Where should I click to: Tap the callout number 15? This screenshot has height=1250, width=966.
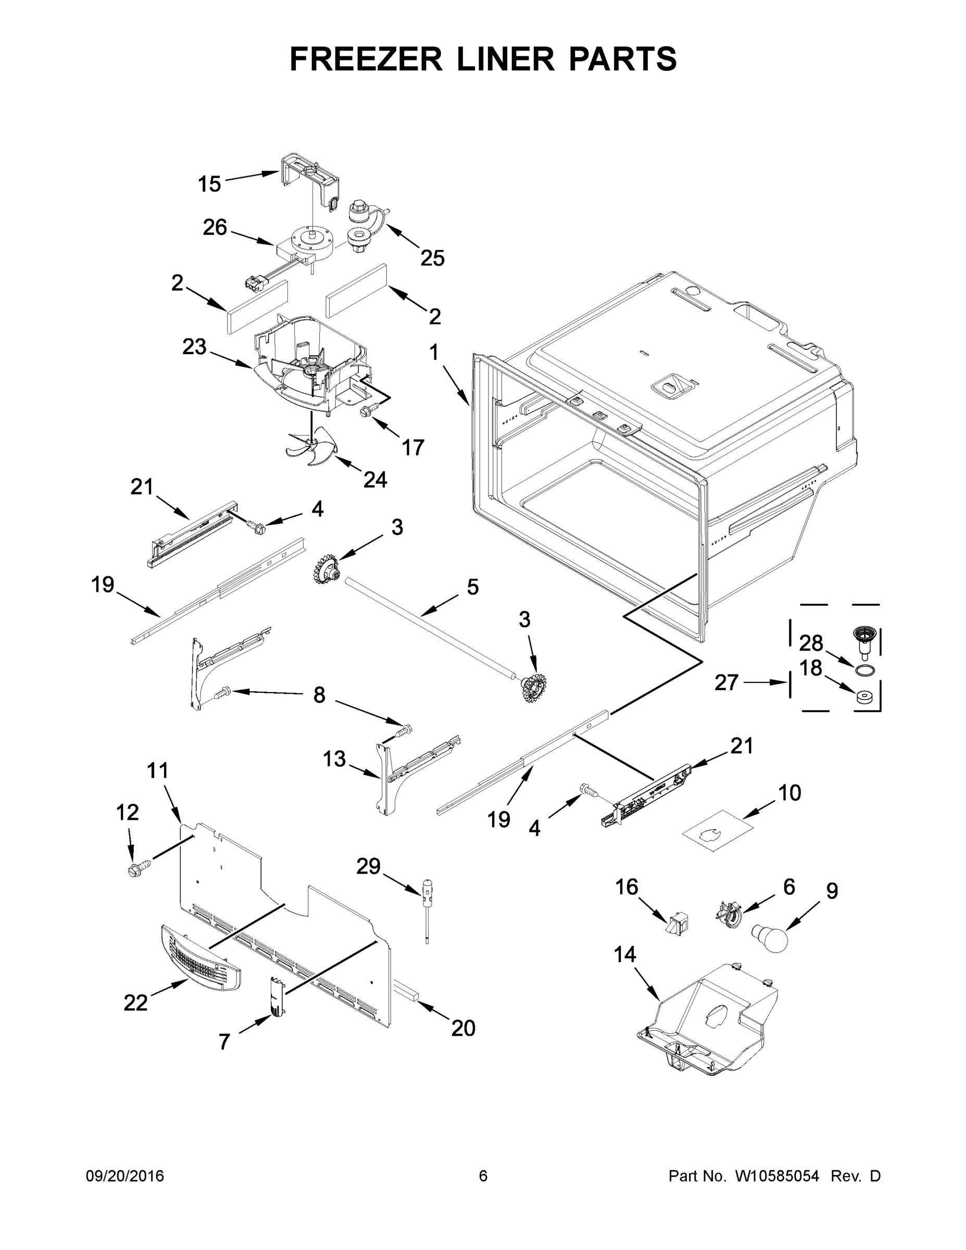pos(209,184)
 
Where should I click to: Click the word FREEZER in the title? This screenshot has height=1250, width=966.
pos(365,59)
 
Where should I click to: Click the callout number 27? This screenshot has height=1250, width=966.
pos(727,682)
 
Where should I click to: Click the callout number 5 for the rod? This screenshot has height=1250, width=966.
pos(473,586)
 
